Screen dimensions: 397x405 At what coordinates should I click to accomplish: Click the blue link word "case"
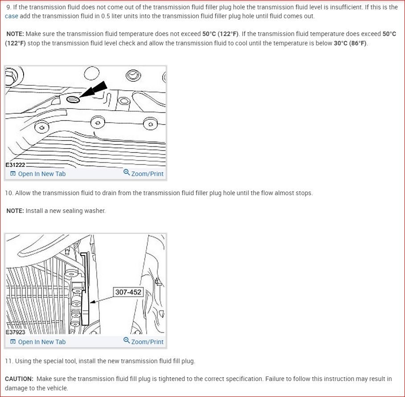(x=12, y=16)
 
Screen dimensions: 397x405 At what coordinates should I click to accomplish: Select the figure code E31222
(x=15, y=164)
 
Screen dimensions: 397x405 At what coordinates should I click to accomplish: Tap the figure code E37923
(x=15, y=332)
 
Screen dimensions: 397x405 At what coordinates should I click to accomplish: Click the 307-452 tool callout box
(x=128, y=292)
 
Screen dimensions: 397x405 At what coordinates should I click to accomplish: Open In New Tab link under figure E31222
(x=41, y=174)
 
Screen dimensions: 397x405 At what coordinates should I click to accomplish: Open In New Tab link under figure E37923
(x=41, y=342)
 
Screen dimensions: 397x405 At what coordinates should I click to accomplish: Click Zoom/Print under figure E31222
(x=147, y=174)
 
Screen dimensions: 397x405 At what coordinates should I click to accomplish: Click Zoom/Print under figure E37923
(x=147, y=342)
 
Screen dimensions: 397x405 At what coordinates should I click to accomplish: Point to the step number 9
(x=8, y=8)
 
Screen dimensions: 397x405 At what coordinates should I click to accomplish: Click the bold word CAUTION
(x=19, y=379)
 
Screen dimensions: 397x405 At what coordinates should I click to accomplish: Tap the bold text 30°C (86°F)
(x=350, y=43)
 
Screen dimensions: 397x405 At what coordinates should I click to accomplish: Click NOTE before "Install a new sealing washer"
(x=15, y=211)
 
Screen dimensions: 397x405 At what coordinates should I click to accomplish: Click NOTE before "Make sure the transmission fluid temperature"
(x=15, y=34)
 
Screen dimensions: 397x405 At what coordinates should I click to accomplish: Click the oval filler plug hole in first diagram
(x=73, y=99)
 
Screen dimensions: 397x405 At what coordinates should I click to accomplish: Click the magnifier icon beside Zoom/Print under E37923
(x=127, y=341)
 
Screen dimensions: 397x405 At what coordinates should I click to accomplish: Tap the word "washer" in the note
(x=95, y=211)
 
